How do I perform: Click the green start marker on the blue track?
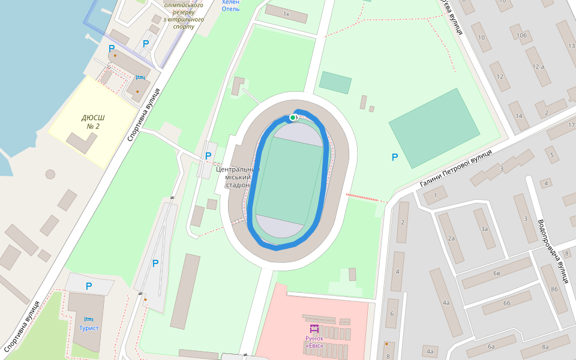(293, 118)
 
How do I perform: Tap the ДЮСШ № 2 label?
(93, 122)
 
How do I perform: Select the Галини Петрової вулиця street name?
(456, 168)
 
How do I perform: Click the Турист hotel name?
(89, 328)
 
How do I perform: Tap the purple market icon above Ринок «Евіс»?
(314, 328)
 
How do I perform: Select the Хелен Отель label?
(230, 5)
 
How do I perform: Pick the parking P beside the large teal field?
(394, 157)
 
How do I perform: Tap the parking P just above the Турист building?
(89, 286)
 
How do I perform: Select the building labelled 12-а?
(538, 67)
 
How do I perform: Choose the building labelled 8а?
(545, 347)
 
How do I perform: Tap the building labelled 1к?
(286, 14)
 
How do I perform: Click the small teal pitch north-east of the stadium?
(335, 83)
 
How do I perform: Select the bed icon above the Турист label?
(89, 317)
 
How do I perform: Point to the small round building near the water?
(50, 175)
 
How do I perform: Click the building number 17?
(569, 125)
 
